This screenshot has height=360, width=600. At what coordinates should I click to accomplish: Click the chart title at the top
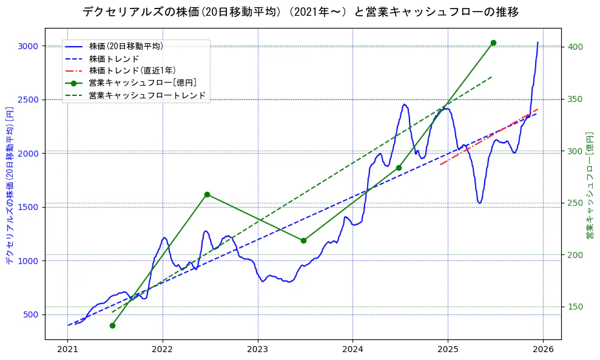[300, 12]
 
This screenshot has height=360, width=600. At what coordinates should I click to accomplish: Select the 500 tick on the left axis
[31, 314]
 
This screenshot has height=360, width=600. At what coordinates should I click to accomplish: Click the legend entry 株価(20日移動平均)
[126, 46]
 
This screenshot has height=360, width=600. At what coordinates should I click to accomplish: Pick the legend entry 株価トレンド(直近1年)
[132, 70]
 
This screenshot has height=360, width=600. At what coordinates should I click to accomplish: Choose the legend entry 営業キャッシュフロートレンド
[147, 95]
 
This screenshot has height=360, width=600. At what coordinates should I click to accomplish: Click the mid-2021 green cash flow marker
[112, 325]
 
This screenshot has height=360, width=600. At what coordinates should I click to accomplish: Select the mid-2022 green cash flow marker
[207, 194]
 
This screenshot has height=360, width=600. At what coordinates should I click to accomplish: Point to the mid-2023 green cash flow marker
[303, 240]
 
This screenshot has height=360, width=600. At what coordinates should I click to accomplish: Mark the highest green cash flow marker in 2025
[493, 42]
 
